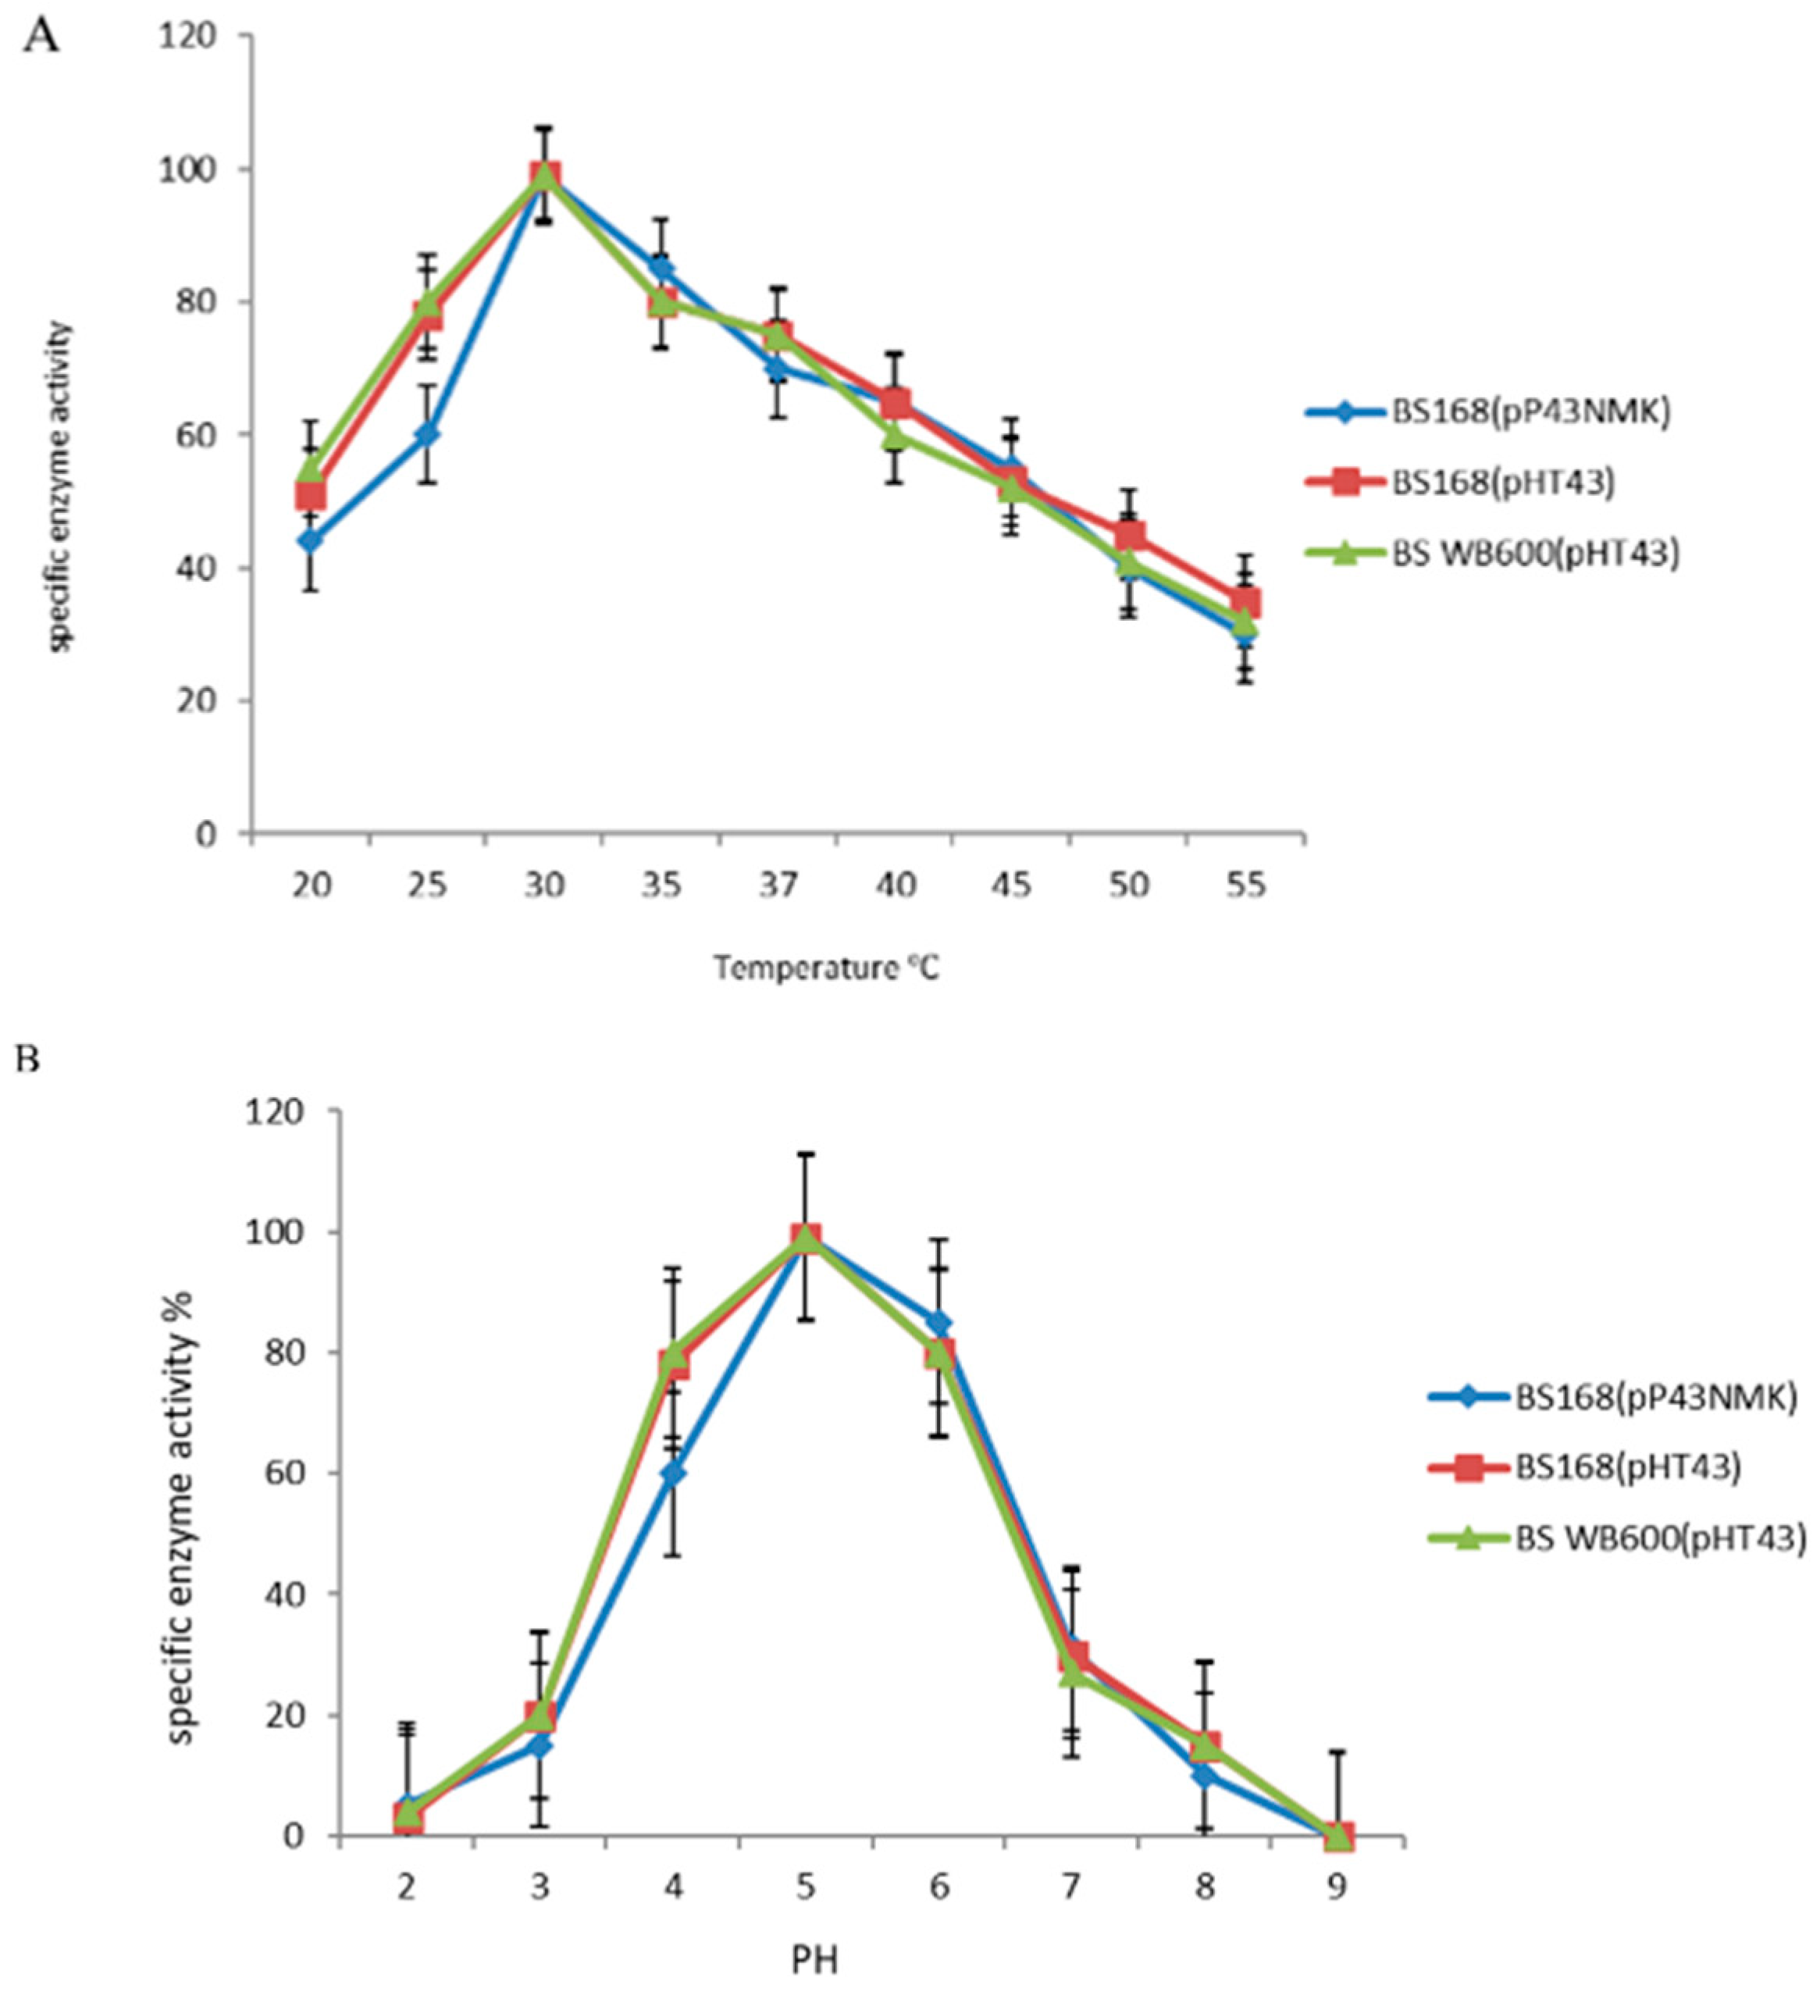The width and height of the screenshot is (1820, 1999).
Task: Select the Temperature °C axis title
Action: (x=826, y=967)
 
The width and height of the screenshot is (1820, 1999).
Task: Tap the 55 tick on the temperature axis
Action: (x=1245, y=883)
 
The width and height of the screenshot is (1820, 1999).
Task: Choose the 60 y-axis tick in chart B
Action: (x=280, y=1473)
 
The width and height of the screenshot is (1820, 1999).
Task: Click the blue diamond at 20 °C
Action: (x=312, y=540)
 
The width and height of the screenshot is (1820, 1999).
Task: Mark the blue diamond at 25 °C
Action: (x=427, y=434)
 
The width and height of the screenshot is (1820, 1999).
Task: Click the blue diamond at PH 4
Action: (x=673, y=1473)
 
